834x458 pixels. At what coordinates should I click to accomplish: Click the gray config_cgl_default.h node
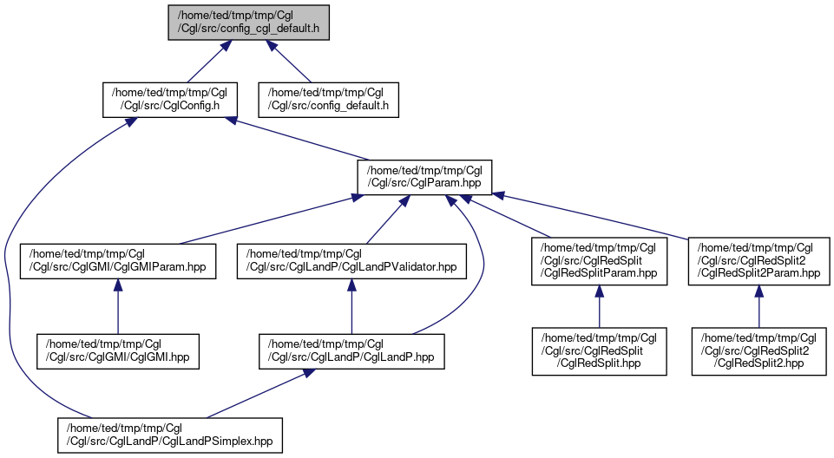(x=248, y=23)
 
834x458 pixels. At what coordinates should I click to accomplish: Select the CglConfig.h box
(x=170, y=100)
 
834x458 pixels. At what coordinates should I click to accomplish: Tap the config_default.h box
(x=328, y=100)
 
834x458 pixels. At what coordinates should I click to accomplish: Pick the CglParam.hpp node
(x=424, y=177)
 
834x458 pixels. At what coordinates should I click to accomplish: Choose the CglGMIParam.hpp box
(x=118, y=261)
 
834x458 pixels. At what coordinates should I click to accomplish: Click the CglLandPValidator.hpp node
(x=351, y=261)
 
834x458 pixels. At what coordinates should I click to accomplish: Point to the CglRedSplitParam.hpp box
(x=599, y=261)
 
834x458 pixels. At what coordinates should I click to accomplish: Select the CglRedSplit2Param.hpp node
(x=759, y=261)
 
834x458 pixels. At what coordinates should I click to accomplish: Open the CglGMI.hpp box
(x=117, y=351)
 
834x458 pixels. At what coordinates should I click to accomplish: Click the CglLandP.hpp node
(x=351, y=351)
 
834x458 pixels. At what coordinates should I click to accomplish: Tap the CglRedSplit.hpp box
(x=599, y=351)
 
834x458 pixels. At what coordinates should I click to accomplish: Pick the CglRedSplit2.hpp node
(x=759, y=351)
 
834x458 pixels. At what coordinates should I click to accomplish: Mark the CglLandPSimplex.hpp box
(x=170, y=435)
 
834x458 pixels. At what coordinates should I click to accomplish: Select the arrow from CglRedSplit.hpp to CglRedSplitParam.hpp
(x=599, y=306)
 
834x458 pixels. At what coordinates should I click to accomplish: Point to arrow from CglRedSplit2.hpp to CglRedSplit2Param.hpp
(x=759, y=306)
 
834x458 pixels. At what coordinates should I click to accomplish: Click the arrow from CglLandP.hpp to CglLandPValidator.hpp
(x=351, y=306)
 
